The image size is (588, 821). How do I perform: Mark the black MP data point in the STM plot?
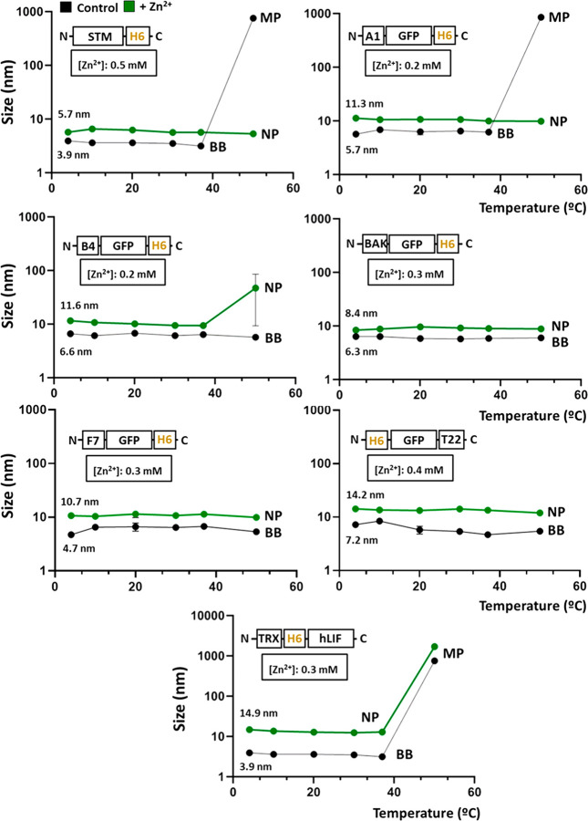point(253,18)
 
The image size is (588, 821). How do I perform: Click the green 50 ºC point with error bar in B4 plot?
point(254,288)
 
